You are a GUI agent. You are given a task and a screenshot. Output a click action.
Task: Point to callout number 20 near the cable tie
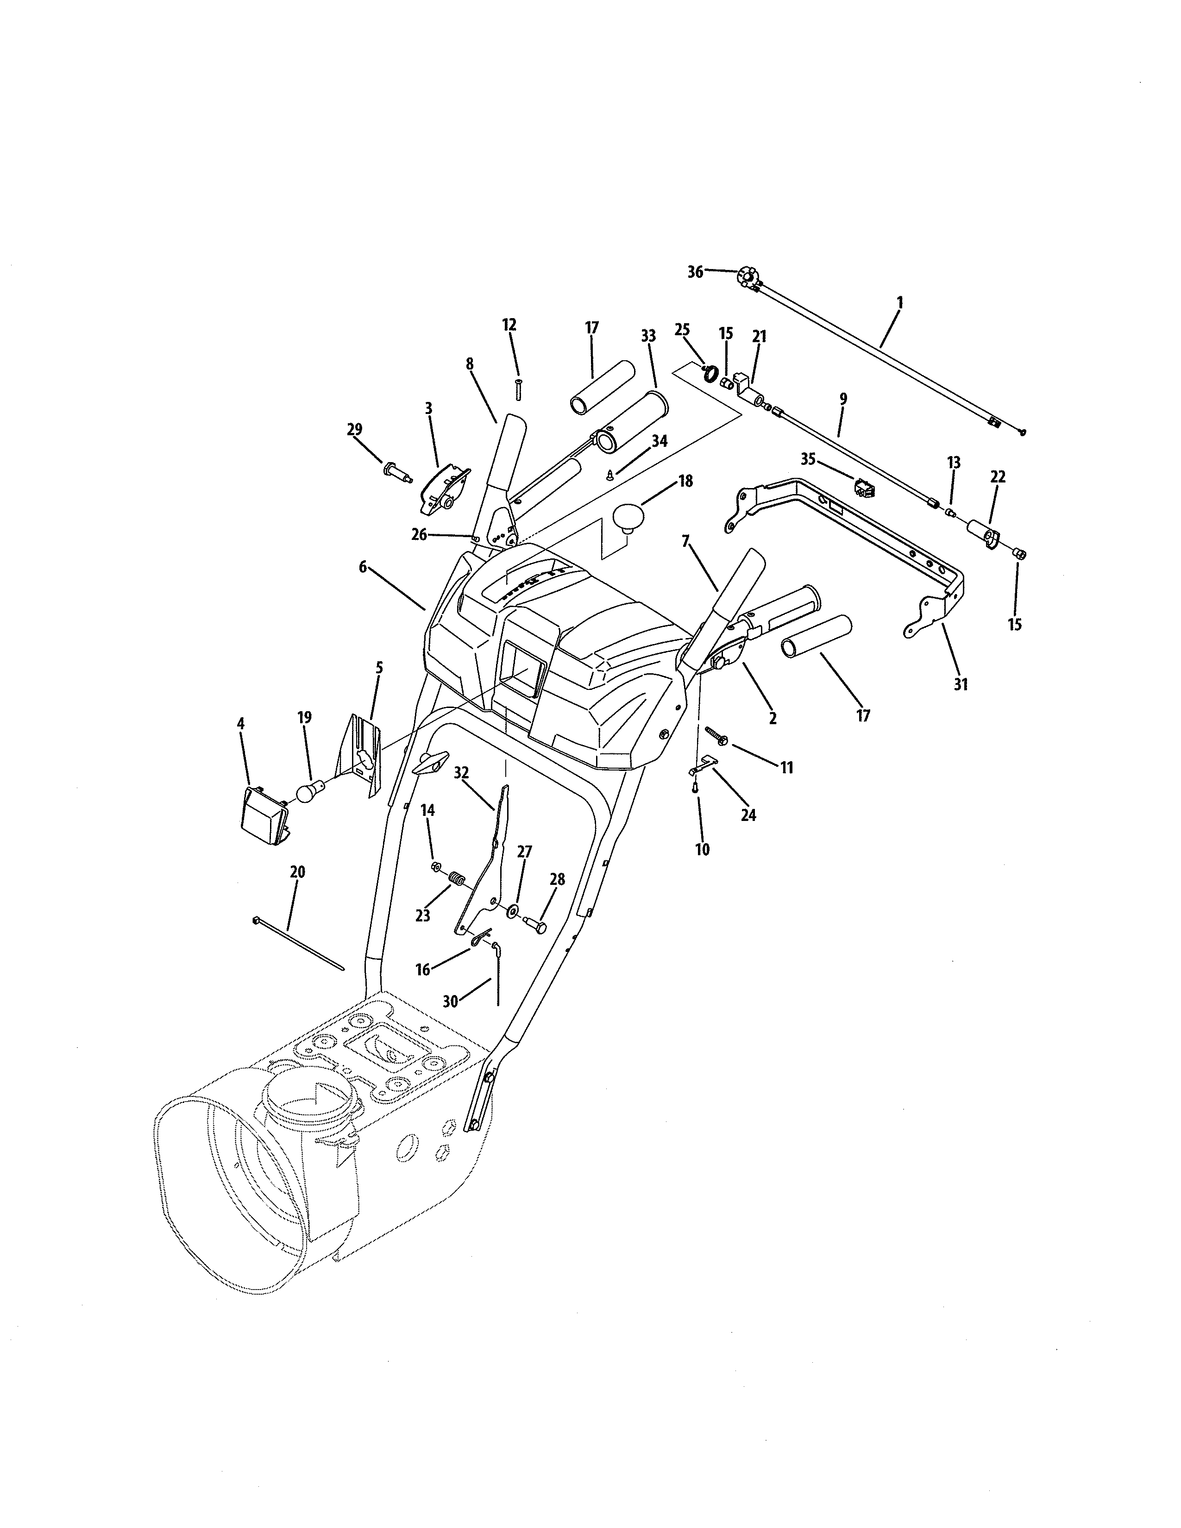click(x=297, y=872)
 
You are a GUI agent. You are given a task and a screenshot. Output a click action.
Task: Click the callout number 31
click(x=961, y=685)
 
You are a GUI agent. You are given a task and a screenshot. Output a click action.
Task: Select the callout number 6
click(x=363, y=567)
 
